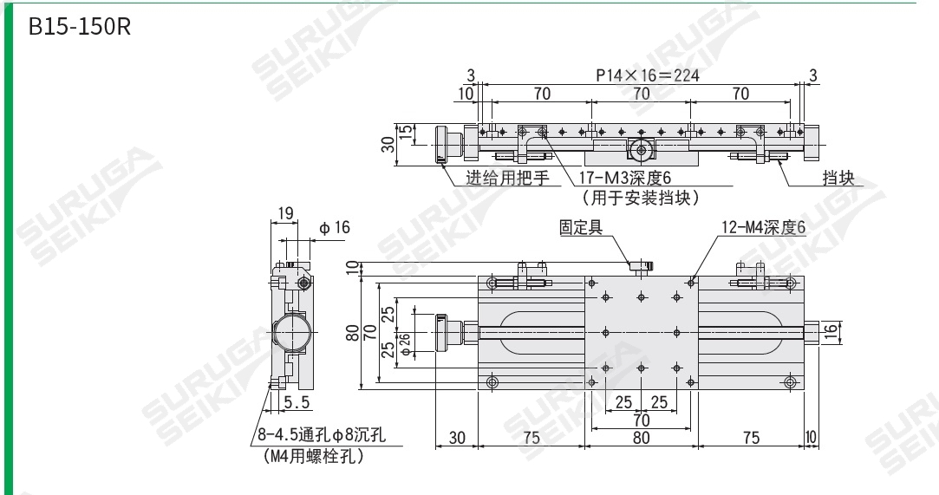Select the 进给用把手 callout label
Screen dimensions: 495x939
(508, 179)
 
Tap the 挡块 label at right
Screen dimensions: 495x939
(838, 179)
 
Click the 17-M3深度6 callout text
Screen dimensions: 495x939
(626, 179)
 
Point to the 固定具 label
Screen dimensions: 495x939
(580, 227)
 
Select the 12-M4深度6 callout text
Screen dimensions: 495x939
(763, 228)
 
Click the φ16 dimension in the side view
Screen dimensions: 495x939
(334, 228)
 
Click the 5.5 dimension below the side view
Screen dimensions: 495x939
(297, 402)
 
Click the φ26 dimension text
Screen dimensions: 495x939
(406, 332)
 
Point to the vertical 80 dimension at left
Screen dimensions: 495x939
(353, 331)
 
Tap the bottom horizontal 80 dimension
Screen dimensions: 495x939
(641, 439)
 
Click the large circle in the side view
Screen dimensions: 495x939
(291, 332)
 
